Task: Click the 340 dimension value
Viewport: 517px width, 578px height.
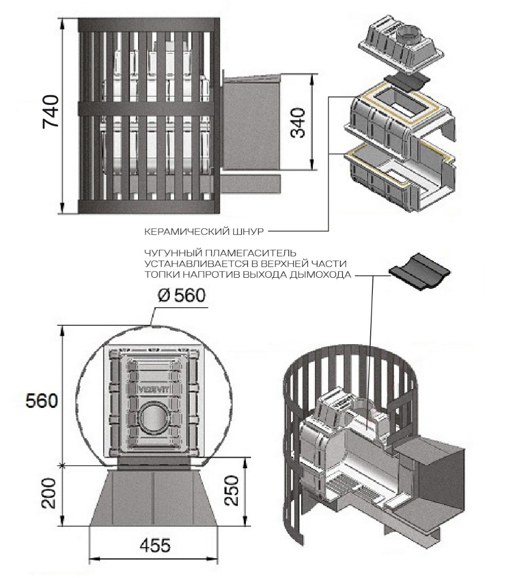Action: [298, 123]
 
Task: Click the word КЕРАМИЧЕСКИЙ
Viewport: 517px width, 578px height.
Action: [181, 232]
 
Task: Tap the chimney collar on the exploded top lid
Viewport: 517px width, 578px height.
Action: [409, 37]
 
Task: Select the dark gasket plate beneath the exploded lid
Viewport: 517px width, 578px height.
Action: [408, 80]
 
